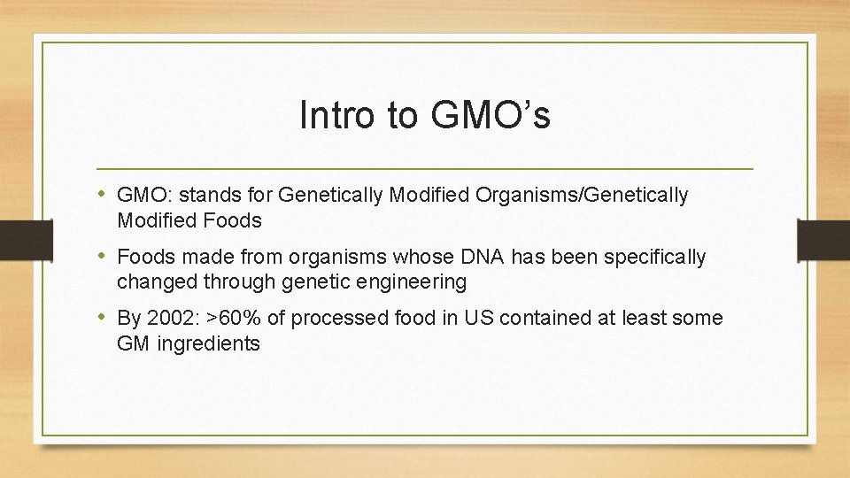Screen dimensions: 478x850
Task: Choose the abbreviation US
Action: click(479, 318)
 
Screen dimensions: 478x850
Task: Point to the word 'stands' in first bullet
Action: click(207, 196)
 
